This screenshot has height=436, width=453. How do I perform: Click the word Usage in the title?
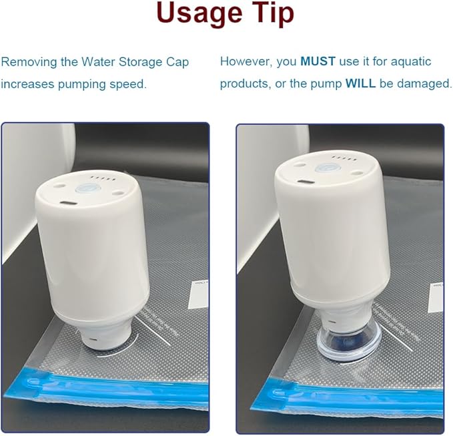pos(199,14)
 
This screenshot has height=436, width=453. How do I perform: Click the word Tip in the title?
pos(274,14)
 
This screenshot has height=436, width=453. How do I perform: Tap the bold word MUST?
pos(318,61)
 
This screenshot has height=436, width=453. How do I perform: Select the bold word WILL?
pos(360,83)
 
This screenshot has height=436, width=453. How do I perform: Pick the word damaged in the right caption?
pos(424,84)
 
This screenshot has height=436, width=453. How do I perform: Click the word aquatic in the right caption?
pos(411,62)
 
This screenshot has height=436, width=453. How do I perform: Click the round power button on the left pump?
pos(88,188)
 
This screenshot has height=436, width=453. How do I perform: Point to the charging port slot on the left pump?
pos(69,203)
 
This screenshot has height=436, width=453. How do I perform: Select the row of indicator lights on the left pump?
pos(103,178)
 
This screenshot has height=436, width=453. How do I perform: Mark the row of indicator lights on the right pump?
pos(344,158)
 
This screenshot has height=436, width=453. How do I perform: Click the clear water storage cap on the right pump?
pos(349,345)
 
